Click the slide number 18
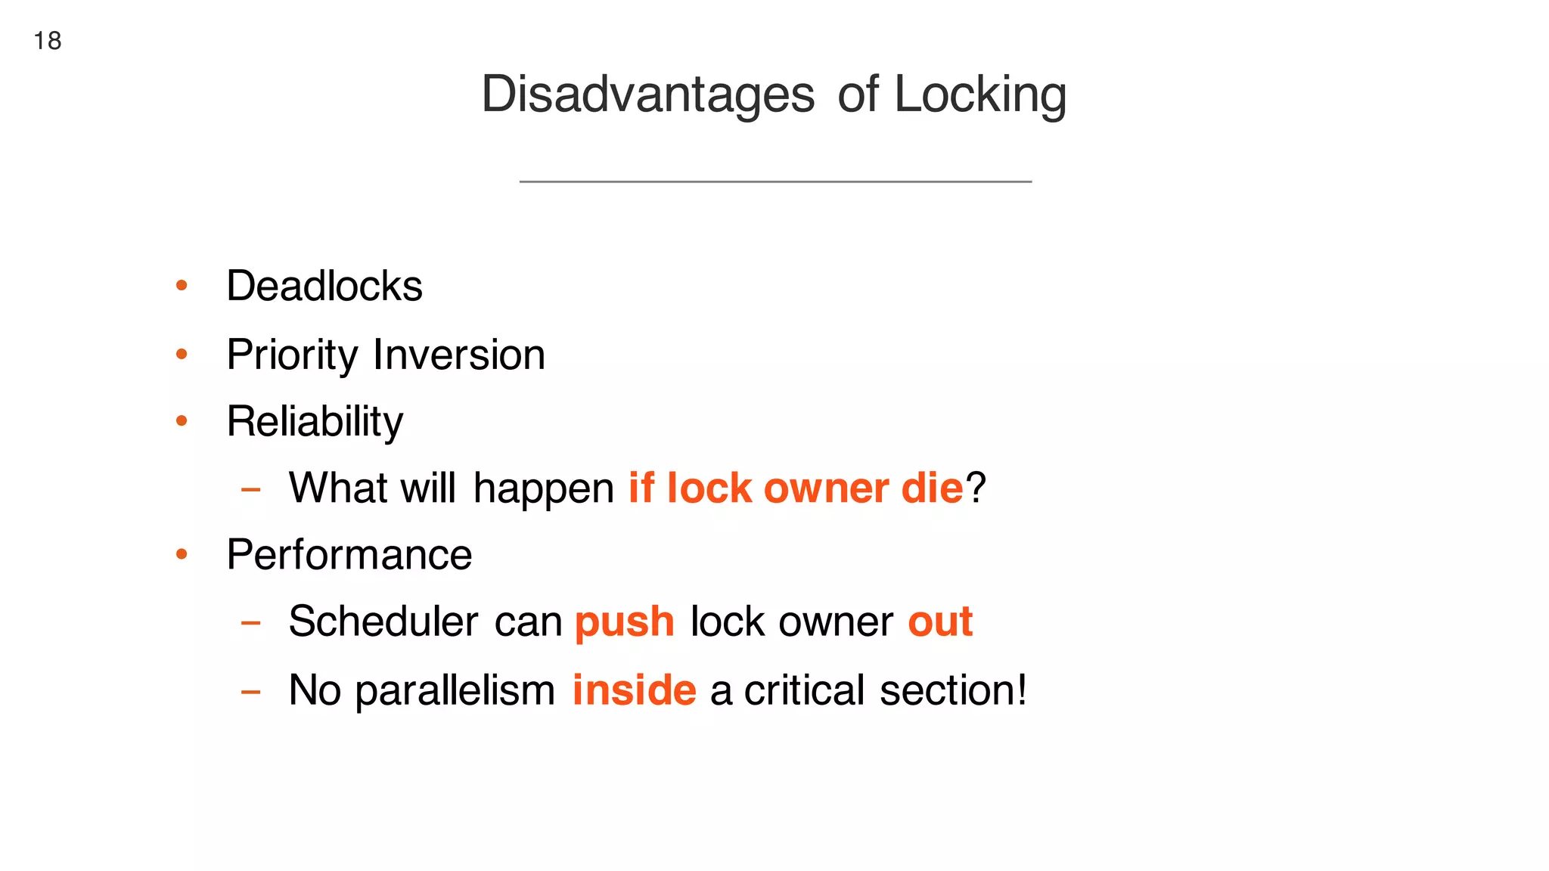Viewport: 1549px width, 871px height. [48, 41]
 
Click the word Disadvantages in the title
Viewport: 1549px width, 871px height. [647, 95]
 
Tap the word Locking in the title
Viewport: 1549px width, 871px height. [980, 95]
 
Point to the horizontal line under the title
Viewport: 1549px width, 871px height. [775, 181]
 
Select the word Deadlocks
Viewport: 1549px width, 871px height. [324, 287]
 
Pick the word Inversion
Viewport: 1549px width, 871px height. [459, 355]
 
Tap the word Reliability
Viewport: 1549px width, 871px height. [315, 422]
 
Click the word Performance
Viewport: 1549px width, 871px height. [349, 555]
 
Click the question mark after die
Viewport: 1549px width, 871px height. [976, 488]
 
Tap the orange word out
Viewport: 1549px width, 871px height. [940, 622]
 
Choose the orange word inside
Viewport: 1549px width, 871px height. [634, 690]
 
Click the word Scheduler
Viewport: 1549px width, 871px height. [383, 622]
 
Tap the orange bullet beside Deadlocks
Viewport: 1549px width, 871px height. [182, 286]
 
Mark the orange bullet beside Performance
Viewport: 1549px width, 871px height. [182, 555]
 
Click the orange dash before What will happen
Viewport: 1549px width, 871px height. [250, 490]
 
